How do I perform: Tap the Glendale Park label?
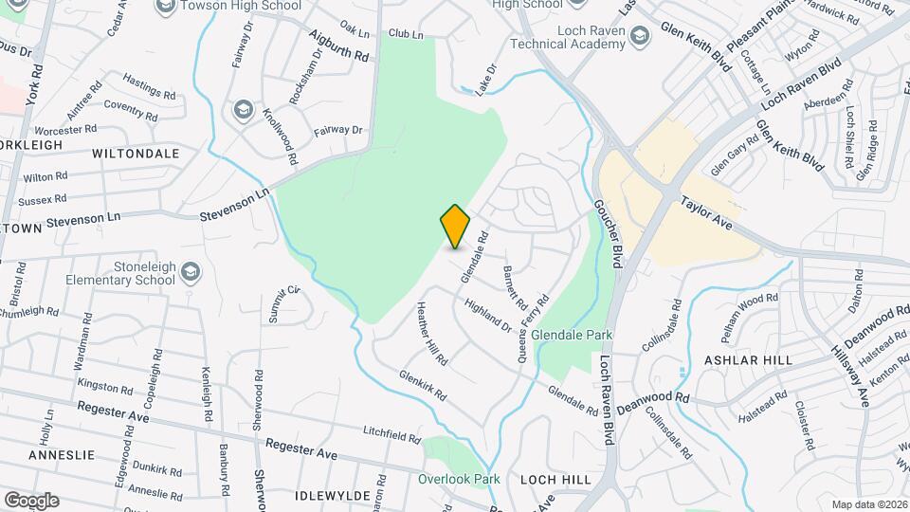[572, 335]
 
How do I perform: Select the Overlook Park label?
[459, 479]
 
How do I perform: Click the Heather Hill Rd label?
[430, 335]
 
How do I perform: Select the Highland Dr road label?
[487, 312]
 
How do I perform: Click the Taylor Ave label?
[707, 211]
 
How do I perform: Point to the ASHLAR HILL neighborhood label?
[735, 361]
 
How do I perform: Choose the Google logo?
[30, 500]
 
